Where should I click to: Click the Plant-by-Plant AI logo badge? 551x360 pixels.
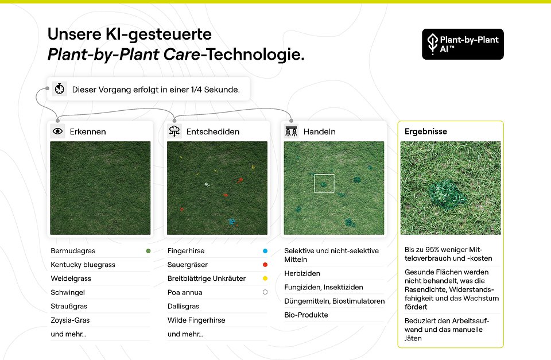(x=463, y=44)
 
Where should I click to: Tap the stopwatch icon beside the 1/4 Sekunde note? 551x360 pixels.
(x=59, y=89)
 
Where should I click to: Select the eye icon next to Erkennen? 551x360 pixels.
(x=57, y=131)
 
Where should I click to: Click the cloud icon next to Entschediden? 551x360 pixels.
(x=174, y=131)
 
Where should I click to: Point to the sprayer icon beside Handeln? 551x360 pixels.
(x=291, y=131)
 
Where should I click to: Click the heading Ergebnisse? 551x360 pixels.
(x=426, y=131)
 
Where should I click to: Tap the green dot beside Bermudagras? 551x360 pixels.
(x=149, y=251)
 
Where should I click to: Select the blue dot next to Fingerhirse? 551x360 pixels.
(x=265, y=251)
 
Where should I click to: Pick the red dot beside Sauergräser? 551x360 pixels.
(x=265, y=265)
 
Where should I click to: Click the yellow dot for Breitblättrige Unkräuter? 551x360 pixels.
(x=265, y=278)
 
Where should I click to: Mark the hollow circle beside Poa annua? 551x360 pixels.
(x=265, y=292)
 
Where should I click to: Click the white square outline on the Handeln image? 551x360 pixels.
(x=324, y=183)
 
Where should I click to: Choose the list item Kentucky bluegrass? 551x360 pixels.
(x=83, y=265)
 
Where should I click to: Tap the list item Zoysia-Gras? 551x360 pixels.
(x=70, y=320)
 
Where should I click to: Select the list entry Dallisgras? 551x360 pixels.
(x=183, y=307)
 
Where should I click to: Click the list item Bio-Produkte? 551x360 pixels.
(x=305, y=315)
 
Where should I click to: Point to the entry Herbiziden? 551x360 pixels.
(x=302, y=273)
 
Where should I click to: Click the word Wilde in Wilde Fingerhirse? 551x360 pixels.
(x=176, y=320)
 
